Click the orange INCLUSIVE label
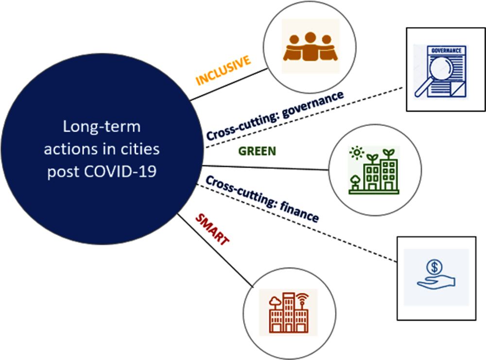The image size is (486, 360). coord(223,70)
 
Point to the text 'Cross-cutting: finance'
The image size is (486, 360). coord(262,199)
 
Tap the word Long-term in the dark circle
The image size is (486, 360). coord(102,127)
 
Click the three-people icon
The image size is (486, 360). coord(310,47)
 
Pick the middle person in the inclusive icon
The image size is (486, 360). coord(310,46)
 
